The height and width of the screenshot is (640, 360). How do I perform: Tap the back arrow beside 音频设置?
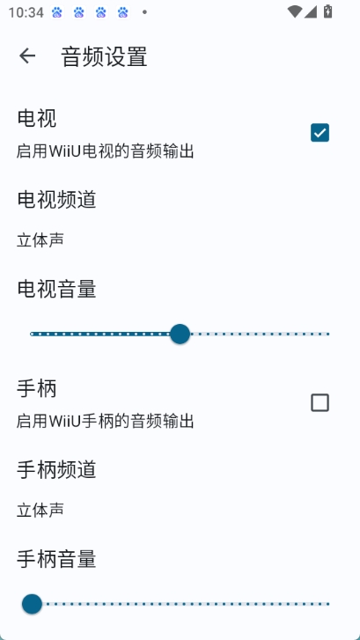pos(27,56)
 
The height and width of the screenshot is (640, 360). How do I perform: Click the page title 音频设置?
pos(104,56)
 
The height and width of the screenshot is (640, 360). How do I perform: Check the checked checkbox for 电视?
pos(320,133)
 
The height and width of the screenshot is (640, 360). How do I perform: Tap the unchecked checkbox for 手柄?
pos(320,403)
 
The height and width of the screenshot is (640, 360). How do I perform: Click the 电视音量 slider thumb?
pos(180,334)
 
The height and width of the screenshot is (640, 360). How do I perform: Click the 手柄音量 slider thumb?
pos(32,604)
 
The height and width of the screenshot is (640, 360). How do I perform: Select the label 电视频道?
pos(56,200)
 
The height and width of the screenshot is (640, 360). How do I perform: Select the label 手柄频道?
pos(56,469)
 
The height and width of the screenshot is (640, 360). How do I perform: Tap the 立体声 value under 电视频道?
pos(40,240)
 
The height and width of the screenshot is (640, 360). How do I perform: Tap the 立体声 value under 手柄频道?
pos(40,510)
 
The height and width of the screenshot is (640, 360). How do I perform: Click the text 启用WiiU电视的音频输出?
pos(105,151)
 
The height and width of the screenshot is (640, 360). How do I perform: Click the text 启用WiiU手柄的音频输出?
pos(105,421)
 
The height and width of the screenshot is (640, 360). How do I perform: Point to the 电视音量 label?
pos(56,290)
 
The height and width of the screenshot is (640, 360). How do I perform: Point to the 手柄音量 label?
pos(56,559)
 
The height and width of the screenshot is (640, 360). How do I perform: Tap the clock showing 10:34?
pos(26,12)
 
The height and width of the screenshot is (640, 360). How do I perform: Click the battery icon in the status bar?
pos(327,11)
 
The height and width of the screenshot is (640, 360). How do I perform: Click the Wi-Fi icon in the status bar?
pos(294,11)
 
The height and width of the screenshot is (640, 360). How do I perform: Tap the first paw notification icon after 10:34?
pos(56,12)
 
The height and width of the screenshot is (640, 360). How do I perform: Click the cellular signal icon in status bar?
pos(311,11)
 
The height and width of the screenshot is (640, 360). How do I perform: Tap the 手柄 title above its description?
pos(37,388)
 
